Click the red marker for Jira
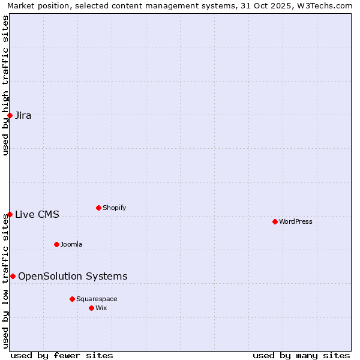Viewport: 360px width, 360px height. point(10,115)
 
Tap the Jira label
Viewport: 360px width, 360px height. point(23,116)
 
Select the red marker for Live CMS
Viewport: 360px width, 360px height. point(10,214)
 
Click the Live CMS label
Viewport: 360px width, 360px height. point(37,215)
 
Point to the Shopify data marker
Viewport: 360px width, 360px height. point(98,208)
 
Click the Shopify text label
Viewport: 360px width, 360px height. point(114,208)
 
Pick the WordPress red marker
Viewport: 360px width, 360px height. point(275,221)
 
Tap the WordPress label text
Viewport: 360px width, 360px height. point(295,222)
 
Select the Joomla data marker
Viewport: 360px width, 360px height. point(56,244)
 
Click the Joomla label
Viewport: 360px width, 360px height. point(71,245)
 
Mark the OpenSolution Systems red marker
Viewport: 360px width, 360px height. point(13,276)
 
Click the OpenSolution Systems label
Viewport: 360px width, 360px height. point(73,277)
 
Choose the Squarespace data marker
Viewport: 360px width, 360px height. point(72,299)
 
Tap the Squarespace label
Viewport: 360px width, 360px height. point(97,299)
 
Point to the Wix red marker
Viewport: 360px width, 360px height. point(91,308)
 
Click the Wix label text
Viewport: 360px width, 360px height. point(101,308)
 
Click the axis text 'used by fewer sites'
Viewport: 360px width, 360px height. point(62,355)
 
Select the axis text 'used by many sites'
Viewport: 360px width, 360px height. point(301,355)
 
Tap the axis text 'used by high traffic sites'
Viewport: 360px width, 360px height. point(6,85)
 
